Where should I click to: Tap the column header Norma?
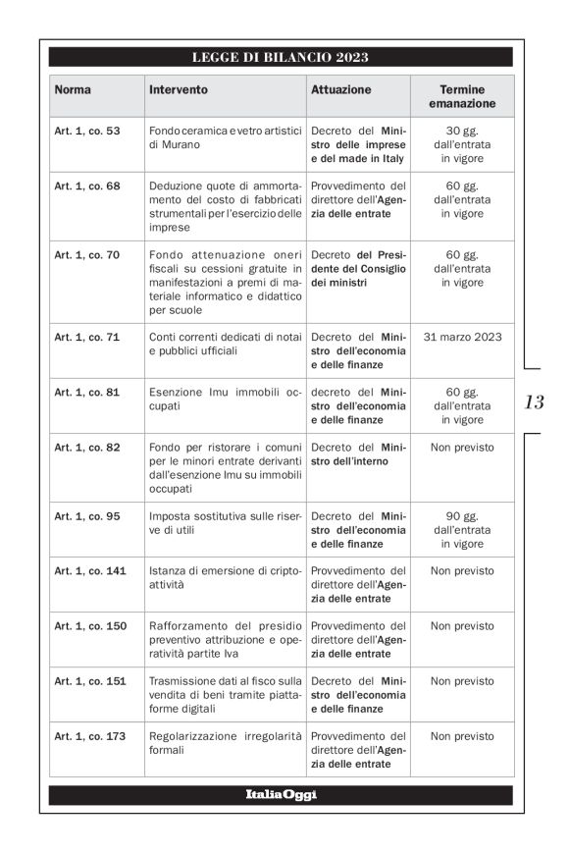(73, 89)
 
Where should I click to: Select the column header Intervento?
(179, 89)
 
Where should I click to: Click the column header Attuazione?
(341, 89)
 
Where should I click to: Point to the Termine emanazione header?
(461, 96)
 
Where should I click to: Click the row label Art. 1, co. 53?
(86, 131)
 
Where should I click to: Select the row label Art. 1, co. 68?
(86, 186)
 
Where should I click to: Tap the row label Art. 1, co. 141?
(89, 570)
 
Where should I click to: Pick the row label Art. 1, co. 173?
(89, 736)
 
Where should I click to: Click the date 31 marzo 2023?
(462, 338)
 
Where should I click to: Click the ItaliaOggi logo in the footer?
(281, 795)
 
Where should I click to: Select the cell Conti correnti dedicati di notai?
(226, 344)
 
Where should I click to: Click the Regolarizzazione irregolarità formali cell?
(226, 743)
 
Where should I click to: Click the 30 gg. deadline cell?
(461, 144)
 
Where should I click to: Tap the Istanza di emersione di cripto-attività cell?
(226, 577)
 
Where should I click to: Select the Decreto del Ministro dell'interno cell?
(358, 454)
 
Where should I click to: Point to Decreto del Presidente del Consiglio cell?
(358, 269)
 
